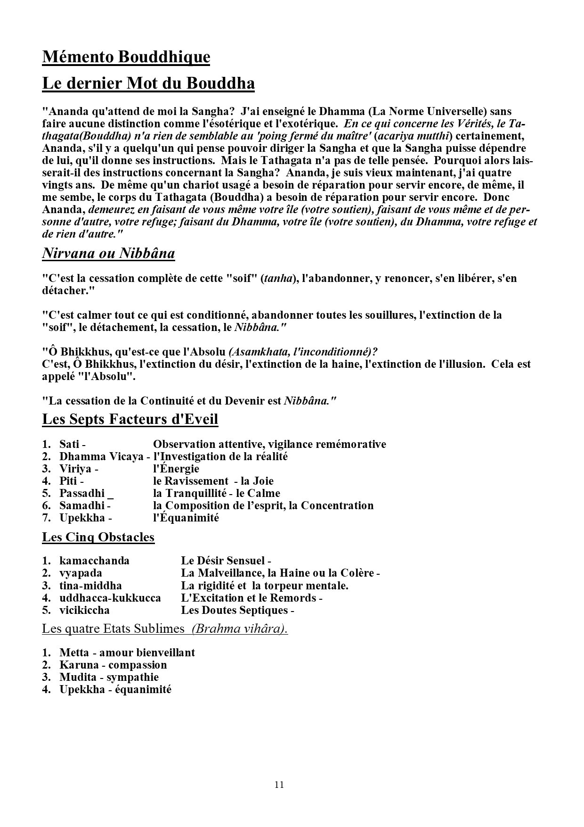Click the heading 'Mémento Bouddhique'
point(126,57)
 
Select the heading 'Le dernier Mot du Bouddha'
point(148,83)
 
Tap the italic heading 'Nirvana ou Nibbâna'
point(108,254)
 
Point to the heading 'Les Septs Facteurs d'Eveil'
point(130,419)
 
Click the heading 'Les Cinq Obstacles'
point(98,537)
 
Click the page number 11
point(279,785)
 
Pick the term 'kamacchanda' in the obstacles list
point(94,561)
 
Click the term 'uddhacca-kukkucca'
point(110,598)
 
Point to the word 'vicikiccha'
point(84,610)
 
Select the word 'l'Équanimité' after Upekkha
point(186,518)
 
